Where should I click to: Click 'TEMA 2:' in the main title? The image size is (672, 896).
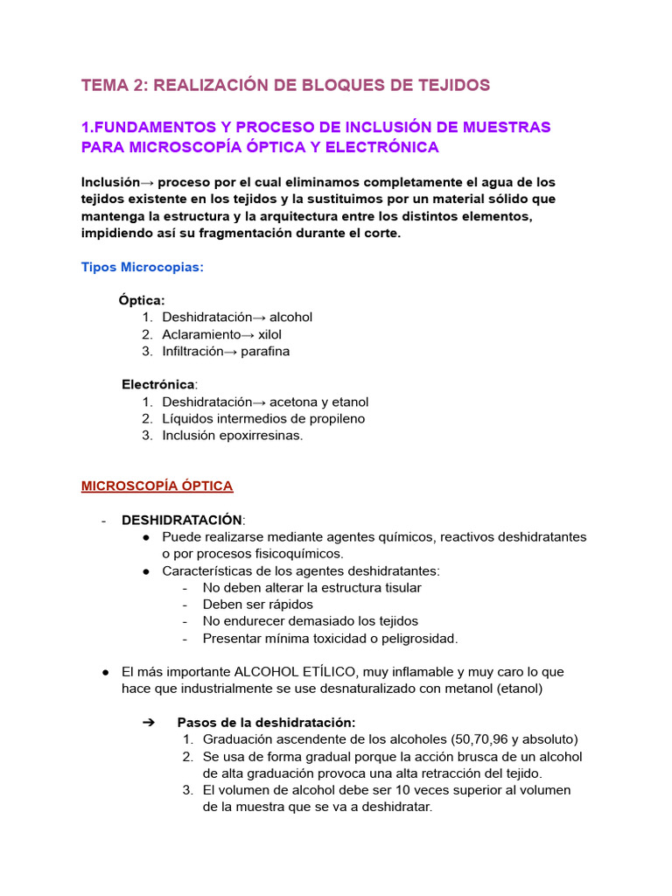click(112, 85)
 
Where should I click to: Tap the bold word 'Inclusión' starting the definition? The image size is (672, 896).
click(110, 182)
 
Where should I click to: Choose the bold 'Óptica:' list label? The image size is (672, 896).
click(142, 300)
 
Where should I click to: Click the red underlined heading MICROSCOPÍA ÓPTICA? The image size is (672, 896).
click(157, 486)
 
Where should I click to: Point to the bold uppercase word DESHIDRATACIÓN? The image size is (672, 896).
click(183, 520)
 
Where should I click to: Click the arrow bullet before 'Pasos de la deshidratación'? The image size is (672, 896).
click(147, 723)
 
